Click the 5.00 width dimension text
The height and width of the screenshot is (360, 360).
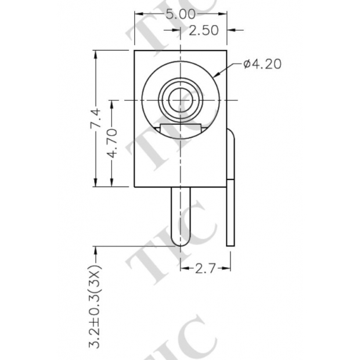click(x=181, y=15)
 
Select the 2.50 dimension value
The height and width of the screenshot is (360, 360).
click(x=204, y=31)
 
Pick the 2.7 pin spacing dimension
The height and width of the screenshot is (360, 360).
click(x=206, y=268)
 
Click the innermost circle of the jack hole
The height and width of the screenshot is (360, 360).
click(x=181, y=100)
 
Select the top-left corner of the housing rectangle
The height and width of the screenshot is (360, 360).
click(x=135, y=51)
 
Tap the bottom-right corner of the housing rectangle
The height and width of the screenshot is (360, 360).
click(x=226, y=187)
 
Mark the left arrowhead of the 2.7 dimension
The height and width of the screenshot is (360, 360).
click(x=184, y=268)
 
